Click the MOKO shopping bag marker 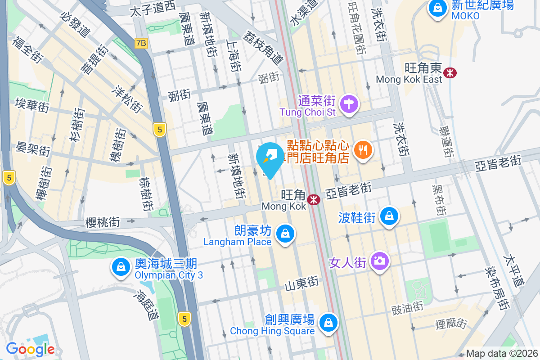coord(437,8)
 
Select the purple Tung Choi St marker coord(349,104)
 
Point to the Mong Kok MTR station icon coord(314,199)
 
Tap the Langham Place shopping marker coord(284,234)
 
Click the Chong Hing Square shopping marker coord(328,322)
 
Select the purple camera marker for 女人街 coord(380,261)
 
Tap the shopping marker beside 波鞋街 coord(389,216)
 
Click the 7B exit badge coord(141,43)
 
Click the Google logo coord(30,349)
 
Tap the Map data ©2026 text coord(502,353)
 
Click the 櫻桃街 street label coord(103,222)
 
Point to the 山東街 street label coord(301,283)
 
